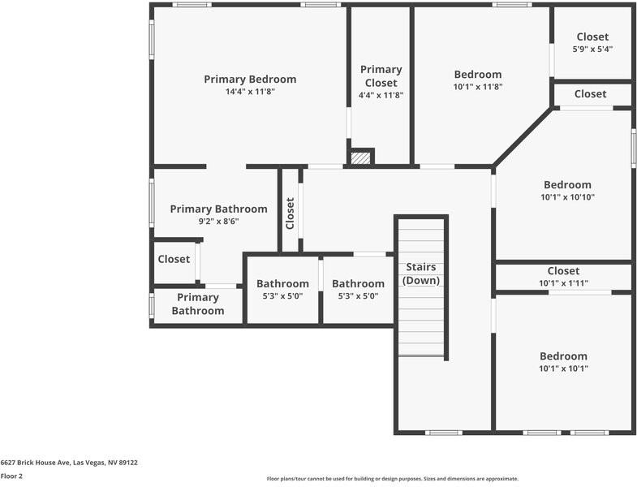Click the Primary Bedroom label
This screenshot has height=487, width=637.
coord(250,79)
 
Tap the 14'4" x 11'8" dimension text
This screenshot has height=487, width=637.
coord(250,92)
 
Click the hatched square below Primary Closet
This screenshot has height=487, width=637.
coord(361,157)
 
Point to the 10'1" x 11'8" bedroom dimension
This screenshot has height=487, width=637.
coord(477,87)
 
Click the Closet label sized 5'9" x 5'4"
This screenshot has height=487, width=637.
coord(592,37)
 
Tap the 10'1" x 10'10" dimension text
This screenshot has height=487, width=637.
coord(567,196)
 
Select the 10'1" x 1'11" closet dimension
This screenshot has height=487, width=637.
coord(563,283)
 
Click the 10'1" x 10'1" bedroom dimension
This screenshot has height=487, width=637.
coord(563,368)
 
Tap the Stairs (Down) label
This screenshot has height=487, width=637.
coord(420,274)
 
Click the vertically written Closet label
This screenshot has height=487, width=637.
coord(290,213)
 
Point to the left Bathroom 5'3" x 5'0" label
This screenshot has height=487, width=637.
coord(282,283)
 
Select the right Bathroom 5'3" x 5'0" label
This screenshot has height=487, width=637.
coord(358,283)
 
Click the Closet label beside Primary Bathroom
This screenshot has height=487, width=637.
coord(174,259)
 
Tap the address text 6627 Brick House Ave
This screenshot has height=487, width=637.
coord(69,463)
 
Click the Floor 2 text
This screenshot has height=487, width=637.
coord(11,476)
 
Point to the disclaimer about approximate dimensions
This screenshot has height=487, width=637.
coord(392,479)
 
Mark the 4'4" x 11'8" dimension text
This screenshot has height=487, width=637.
coord(381,95)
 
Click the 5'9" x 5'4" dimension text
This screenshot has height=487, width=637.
coord(592,49)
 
